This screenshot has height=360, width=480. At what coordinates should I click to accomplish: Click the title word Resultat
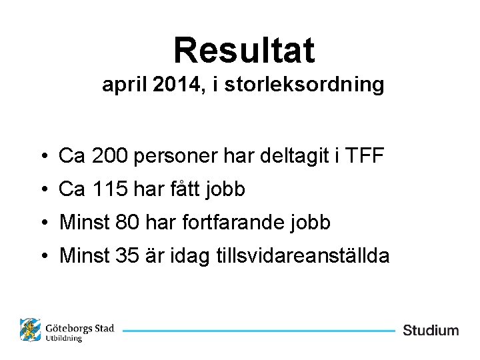[243, 50]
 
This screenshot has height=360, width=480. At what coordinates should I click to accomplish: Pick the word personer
[177, 157]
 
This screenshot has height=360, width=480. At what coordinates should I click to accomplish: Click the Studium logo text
[431, 331]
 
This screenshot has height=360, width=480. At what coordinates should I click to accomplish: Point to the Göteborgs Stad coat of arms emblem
[30, 330]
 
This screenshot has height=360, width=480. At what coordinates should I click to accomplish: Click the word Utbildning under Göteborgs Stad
[64, 339]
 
